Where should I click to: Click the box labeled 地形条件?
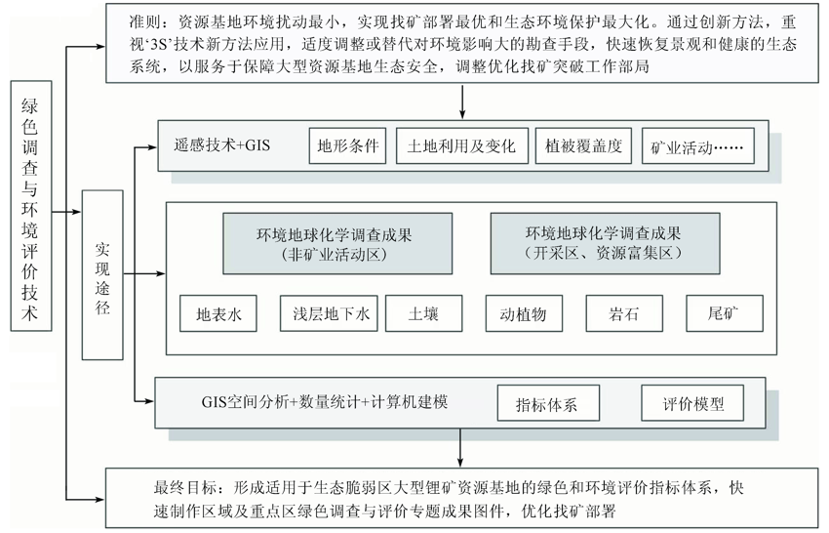(x=347, y=145)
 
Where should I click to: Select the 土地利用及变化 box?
(x=462, y=145)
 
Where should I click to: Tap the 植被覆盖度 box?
(x=583, y=145)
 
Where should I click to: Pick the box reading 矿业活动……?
(x=697, y=146)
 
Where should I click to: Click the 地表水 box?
(x=218, y=313)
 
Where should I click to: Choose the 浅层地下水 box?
(x=329, y=313)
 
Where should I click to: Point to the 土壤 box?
(x=423, y=313)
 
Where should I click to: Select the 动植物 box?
(x=524, y=313)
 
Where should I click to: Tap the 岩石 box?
(x=624, y=313)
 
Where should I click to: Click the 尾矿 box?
(x=725, y=313)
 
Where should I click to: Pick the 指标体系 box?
(x=548, y=403)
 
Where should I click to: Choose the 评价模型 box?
(x=692, y=403)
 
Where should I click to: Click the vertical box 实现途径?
(x=102, y=275)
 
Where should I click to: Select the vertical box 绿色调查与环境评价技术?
(x=31, y=206)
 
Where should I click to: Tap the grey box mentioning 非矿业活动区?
(x=337, y=243)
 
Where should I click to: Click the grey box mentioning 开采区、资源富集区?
(x=605, y=243)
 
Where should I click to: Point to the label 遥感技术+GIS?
(x=222, y=145)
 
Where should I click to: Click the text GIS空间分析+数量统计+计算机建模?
(x=325, y=402)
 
